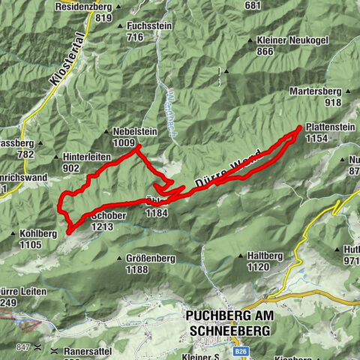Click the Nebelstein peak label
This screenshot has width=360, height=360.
tap(136, 129)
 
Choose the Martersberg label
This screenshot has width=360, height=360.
tap(317, 91)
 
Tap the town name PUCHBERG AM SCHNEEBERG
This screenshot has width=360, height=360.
tap(228, 322)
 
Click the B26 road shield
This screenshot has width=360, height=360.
tap(241, 350)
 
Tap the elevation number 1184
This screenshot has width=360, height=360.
tap(158, 213)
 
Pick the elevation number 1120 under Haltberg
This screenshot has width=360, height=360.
tap(258, 266)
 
